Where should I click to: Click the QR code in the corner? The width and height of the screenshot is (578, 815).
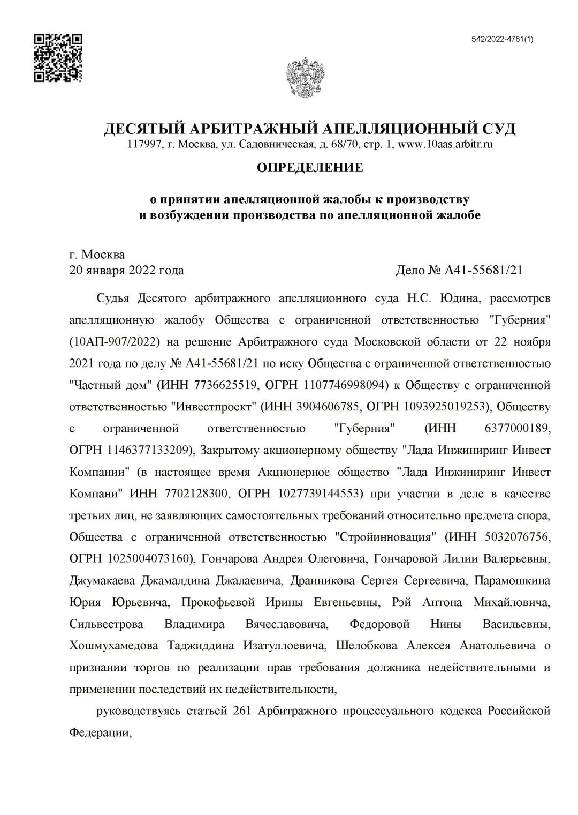point(58,58)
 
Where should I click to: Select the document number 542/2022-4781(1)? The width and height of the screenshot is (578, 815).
point(502,39)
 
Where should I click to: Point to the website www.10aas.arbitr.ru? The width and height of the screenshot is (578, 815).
point(446,144)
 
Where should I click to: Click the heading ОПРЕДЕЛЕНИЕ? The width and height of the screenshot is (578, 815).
point(310,168)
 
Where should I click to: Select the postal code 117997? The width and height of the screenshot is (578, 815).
point(143,144)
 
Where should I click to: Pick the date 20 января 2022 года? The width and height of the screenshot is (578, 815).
point(127,270)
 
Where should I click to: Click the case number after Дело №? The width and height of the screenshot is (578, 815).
point(483,270)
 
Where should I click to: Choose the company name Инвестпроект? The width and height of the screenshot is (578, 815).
point(214,407)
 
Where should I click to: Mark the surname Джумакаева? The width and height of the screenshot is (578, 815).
point(103,580)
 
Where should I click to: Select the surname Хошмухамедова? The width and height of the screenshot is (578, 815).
point(113,646)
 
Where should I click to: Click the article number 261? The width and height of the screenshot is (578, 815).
point(243,711)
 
